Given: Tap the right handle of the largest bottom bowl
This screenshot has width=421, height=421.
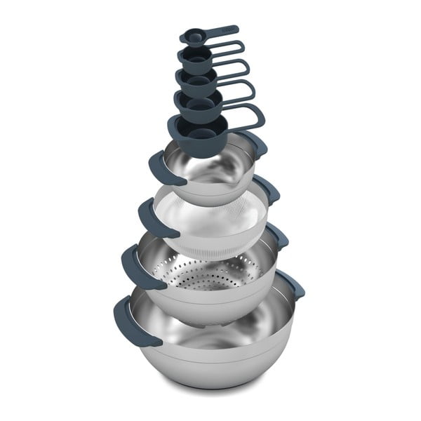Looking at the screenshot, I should pyautogui.click(x=290, y=281).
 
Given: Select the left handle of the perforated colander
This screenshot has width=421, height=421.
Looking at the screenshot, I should pyautogui.click(x=135, y=265).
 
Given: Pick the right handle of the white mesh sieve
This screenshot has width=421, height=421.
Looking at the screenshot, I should pyautogui.click(x=266, y=188).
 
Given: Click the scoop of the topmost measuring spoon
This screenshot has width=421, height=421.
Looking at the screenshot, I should pyautogui.click(x=190, y=37).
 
